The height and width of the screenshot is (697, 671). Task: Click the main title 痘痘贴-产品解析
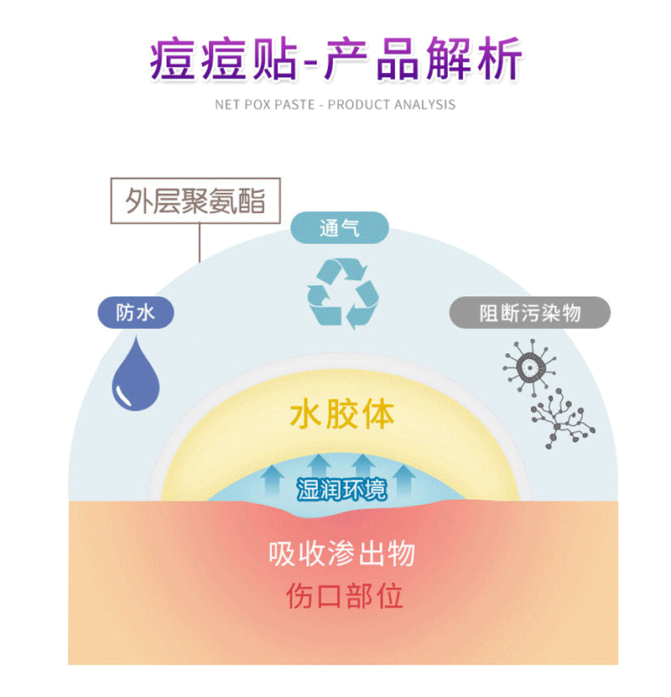point(335,58)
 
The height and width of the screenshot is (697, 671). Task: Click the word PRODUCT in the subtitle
point(366,105)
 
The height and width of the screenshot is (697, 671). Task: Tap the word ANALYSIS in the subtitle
point(429,105)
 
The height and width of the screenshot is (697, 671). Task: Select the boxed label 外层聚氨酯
point(195,201)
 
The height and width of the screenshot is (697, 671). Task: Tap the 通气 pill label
point(340,228)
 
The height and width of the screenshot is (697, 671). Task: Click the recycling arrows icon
point(342,291)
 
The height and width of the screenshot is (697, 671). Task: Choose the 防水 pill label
point(136,313)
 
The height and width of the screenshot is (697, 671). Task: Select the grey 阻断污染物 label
point(529,313)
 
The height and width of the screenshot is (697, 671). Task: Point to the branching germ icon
point(561,415)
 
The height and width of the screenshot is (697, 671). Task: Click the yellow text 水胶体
point(341,414)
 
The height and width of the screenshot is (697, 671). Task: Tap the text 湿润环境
point(341,489)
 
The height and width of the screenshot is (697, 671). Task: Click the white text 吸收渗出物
point(342,554)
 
